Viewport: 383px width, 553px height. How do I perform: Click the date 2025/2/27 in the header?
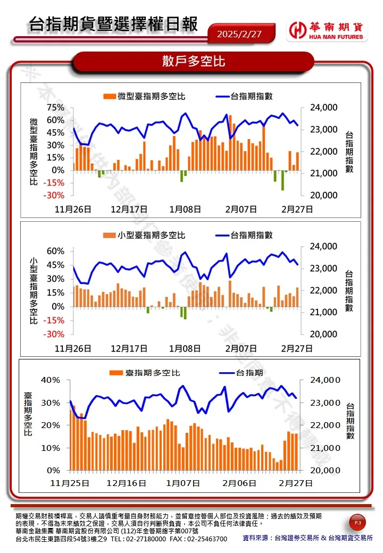point(239,34)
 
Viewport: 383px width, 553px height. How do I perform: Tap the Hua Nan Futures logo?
point(326,31)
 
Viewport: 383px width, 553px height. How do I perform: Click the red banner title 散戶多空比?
point(194,62)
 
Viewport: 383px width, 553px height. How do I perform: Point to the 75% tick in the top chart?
point(55,107)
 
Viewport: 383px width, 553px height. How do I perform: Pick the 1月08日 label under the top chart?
point(185,209)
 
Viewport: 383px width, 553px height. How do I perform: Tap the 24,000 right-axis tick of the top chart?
point(323,107)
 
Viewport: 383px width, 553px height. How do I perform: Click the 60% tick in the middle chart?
point(55,251)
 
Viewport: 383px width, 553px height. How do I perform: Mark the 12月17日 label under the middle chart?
point(129,348)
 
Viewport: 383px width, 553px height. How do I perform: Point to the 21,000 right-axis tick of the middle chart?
point(323,312)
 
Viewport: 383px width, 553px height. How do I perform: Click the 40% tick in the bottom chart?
point(52,380)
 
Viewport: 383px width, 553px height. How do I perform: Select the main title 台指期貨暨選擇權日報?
point(113,24)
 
